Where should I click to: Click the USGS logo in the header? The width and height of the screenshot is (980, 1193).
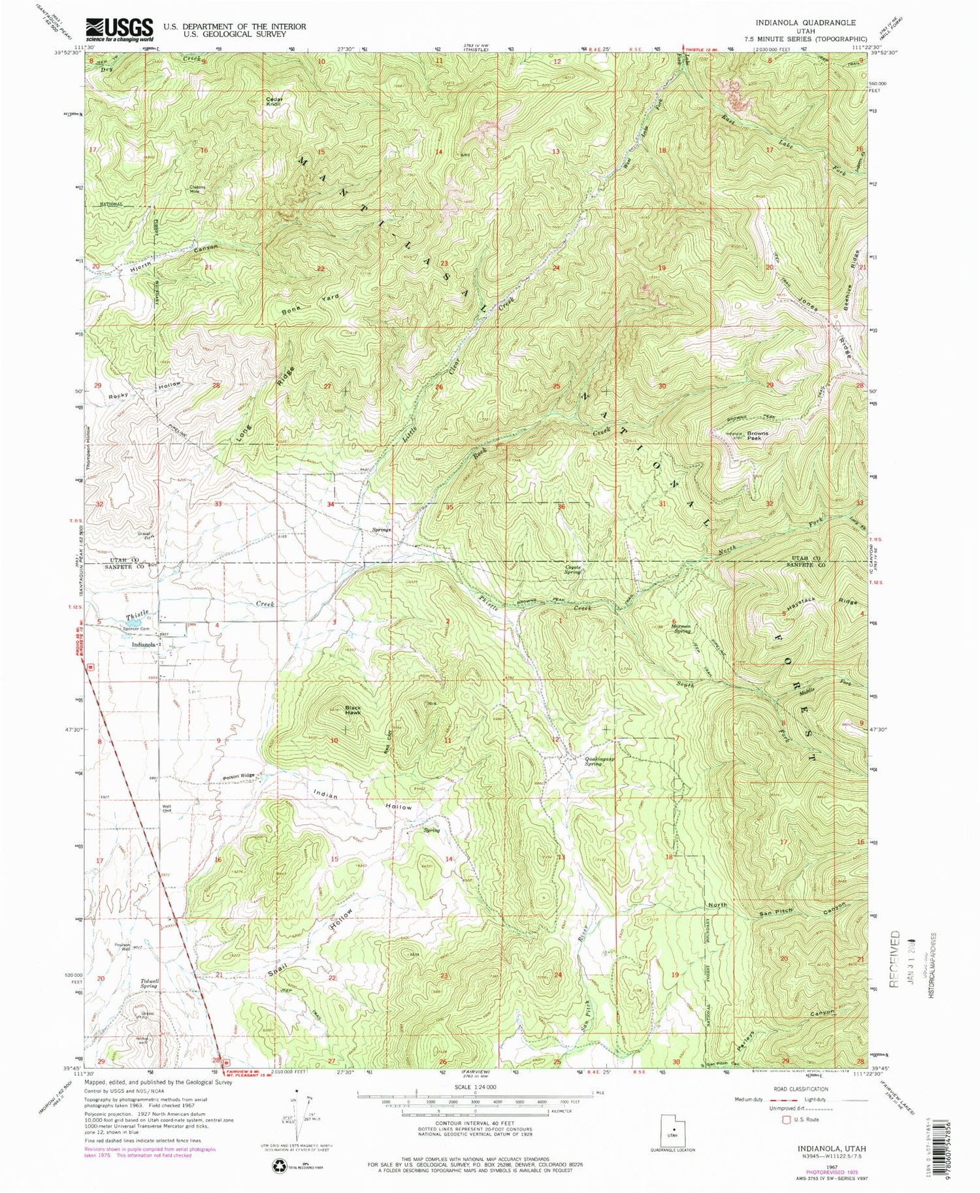click(x=119, y=29)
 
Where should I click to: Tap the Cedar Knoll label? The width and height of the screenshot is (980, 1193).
click(x=274, y=102)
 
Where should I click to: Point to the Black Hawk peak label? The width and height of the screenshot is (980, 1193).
click(x=353, y=710)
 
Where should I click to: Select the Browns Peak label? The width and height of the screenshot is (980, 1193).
click(x=758, y=435)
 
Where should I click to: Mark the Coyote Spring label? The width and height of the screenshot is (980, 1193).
click(x=573, y=570)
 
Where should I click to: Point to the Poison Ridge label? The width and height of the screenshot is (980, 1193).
click(x=238, y=776)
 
